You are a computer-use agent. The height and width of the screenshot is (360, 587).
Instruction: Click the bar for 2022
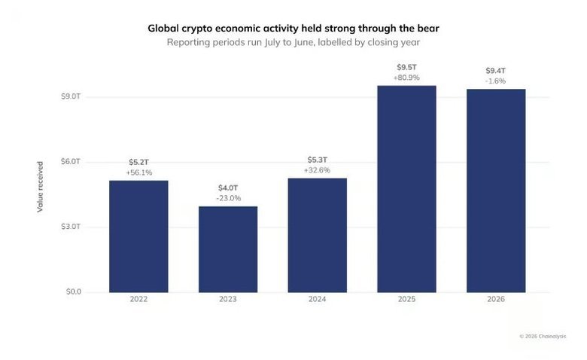pos(138,236)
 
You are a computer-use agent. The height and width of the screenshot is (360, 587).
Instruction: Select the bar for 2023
pos(228,249)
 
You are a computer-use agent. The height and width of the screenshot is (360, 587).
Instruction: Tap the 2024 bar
pos(317,235)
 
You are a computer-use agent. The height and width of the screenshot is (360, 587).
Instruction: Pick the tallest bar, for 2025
pos(406,189)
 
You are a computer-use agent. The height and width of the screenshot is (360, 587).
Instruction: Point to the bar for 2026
pos(496,191)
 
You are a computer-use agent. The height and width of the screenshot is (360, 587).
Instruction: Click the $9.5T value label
pos(406,68)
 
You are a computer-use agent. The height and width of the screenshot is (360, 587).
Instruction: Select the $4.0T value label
pos(228,188)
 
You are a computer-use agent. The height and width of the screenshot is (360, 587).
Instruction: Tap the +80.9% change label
pos(406,78)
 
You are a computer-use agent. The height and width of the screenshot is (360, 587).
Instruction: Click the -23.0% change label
pos(228,198)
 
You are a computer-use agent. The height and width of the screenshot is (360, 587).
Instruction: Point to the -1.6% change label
pos(495,81)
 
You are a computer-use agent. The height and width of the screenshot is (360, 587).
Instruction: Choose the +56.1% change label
pos(139,172)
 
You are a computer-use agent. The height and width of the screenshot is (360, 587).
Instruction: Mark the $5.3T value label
pos(318,160)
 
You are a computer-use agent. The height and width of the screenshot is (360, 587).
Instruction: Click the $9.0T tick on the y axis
pos(71,96)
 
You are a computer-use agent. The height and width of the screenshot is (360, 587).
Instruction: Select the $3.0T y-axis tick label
pos(71,227)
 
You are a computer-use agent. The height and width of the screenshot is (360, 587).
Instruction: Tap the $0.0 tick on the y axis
pos(74,291)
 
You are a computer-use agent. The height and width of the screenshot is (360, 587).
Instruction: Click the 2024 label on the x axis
pos(317,299)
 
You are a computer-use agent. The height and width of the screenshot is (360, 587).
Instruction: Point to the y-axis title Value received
pos(40,187)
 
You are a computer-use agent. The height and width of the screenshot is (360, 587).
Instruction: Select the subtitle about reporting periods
pos(293,42)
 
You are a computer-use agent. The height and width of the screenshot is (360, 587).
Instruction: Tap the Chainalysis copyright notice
pos(543,337)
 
